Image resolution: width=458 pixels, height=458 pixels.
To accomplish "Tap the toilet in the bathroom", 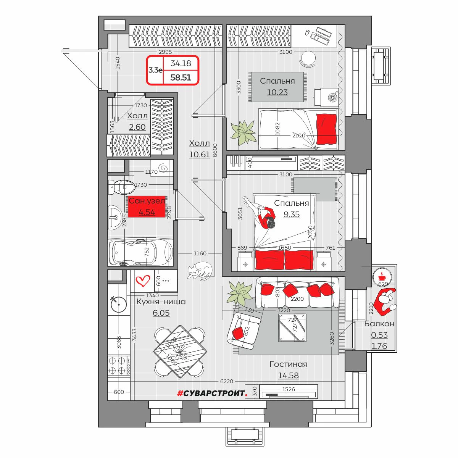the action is pos(121,187).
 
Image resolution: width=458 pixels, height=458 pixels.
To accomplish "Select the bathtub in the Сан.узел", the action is pos(140,252).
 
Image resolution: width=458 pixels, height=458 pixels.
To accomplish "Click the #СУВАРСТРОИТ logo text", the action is pos(213,393).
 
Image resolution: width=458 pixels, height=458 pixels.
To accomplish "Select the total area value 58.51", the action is pos(181,77).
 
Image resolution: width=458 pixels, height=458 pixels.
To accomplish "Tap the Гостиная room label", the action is pos(288,364).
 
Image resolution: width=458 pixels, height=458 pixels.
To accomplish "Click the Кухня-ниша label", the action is pos(161,302).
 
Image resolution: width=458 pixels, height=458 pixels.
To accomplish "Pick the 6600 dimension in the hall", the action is pos(215,150).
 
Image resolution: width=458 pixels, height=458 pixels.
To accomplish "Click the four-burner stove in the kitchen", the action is pos(119,366).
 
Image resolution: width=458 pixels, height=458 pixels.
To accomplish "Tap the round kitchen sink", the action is pos(118,304).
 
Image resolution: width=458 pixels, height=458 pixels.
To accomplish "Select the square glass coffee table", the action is pos(292,327).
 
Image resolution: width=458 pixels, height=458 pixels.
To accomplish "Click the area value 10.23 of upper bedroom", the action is pos(277,92).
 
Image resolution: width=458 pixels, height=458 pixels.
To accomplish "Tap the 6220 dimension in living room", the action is pos(226,381).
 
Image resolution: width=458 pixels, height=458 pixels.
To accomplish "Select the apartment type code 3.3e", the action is pos(155,70).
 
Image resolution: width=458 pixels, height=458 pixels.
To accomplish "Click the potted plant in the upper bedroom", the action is pos(243,132).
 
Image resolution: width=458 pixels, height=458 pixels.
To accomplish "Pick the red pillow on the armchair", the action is pos(237,333).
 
